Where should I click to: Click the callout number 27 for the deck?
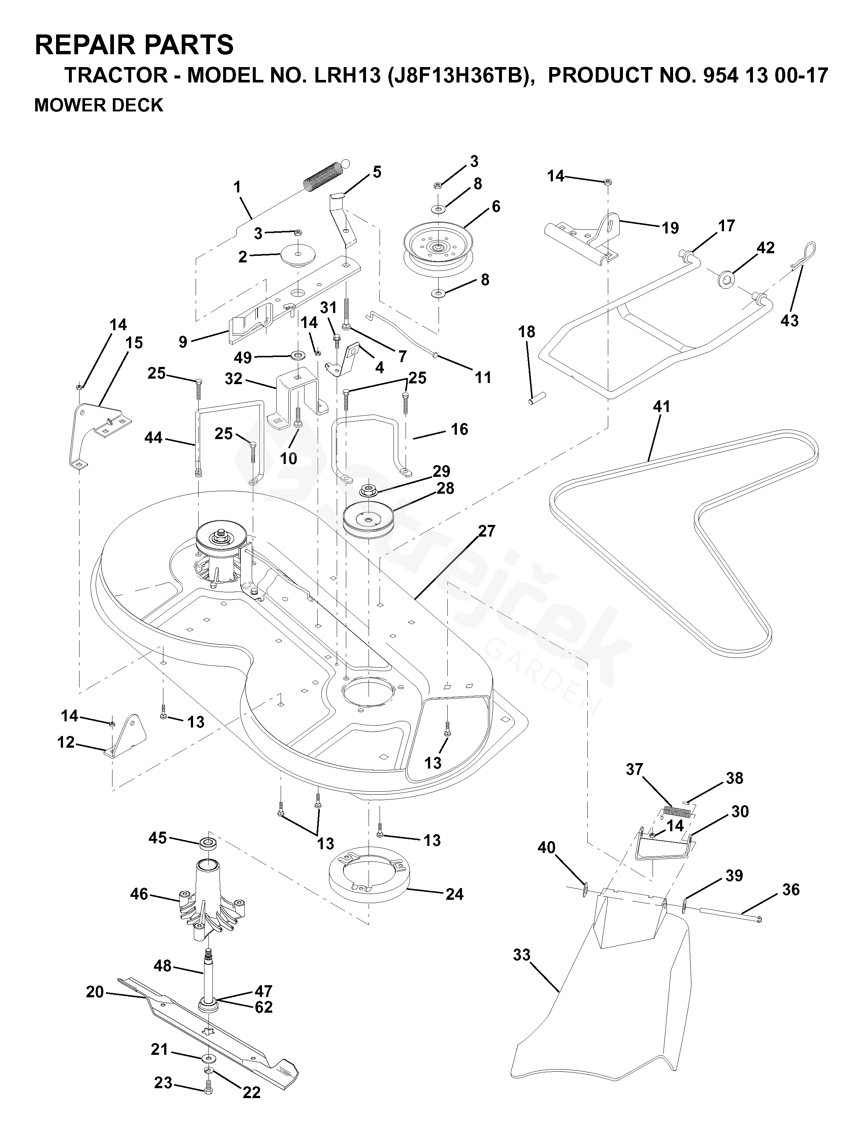tap(487, 531)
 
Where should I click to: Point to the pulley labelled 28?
tap(368, 518)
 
